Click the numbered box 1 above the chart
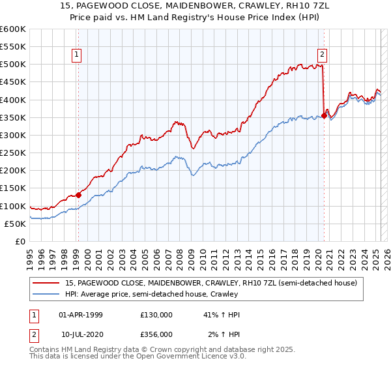[x=77, y=55]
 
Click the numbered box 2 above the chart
[x=323, y=55]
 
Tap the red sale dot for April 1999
[x=78, y=194]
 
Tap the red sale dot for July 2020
[x=324, y=115]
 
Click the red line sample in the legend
[x=46, y=283]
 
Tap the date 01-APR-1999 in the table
[x=81, y=315]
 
